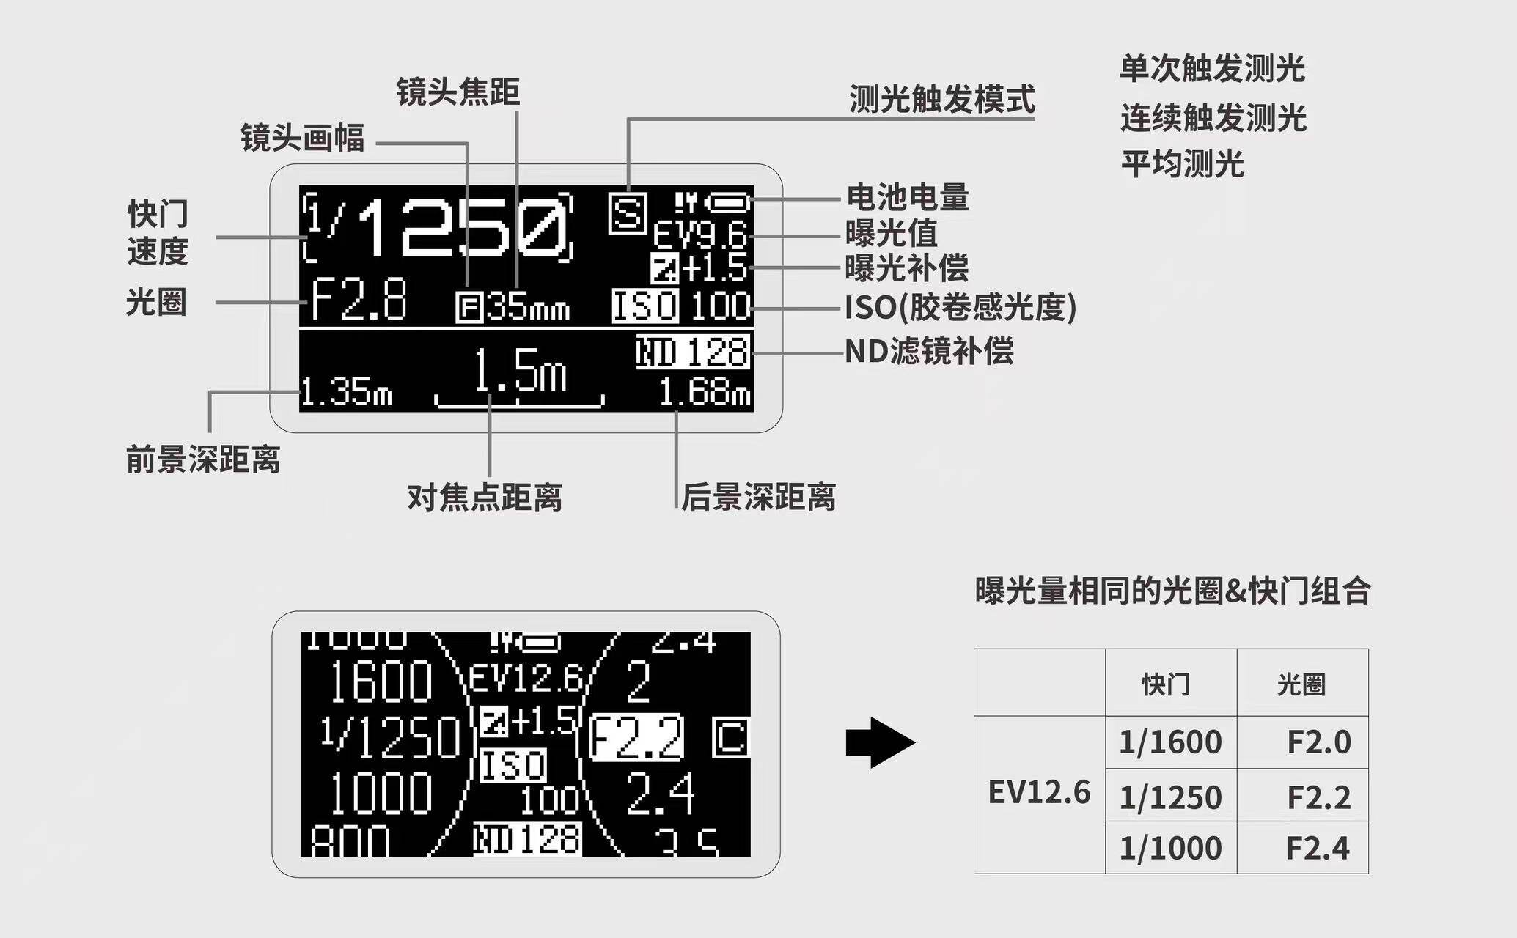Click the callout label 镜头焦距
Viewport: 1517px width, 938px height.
(458, 92)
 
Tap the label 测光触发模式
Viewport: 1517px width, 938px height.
(942, 100)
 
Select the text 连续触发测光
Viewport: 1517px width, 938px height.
(1213, 117)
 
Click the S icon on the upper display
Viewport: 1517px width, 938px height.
(628, 213)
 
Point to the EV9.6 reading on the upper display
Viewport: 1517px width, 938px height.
(700, 235)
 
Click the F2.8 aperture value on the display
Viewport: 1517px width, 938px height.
(359, 300)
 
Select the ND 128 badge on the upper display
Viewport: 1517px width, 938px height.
(693, 352)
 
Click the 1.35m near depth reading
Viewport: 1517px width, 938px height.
(346, 393)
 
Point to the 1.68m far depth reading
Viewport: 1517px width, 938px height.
(705, 393)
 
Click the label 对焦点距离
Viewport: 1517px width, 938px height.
(485, 498)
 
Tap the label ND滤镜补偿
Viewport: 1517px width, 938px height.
(929, 351)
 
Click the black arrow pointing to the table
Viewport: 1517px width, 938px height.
(880, 742)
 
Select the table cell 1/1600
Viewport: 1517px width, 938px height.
(1170, 742)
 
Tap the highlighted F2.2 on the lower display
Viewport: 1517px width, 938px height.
(637, 737)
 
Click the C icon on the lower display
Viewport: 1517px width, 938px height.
(731, 737)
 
